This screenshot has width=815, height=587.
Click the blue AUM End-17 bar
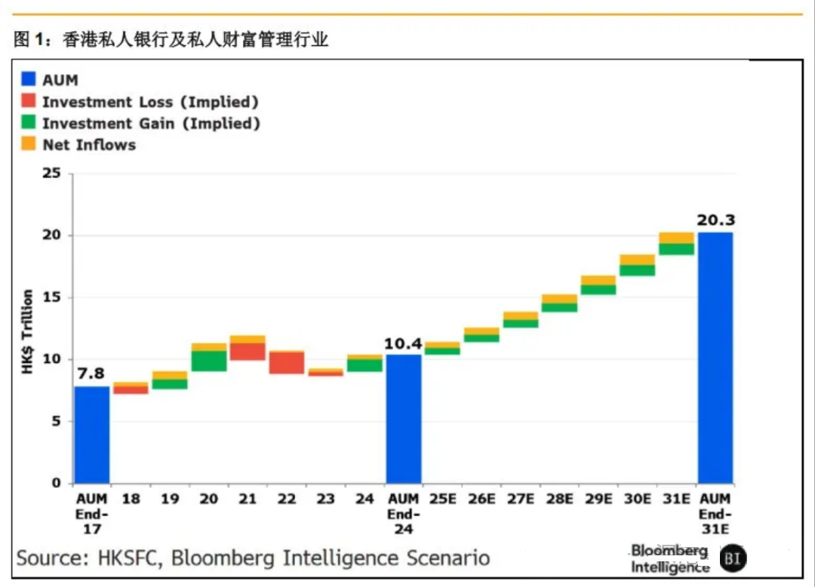point(91,435)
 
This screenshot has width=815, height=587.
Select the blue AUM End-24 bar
point(404,419)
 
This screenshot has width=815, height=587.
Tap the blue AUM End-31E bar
point(715,358)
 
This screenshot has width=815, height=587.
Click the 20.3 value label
point(715,220)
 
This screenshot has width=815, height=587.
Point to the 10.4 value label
point(404,343)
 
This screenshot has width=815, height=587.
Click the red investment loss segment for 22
point(287,362)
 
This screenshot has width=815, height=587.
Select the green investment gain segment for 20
point(209,361)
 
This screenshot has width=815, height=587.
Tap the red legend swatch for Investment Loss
point(29,101)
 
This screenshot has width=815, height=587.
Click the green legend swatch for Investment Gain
point(29,123)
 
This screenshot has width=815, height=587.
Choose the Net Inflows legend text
point(89,145)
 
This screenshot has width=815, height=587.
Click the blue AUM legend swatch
point(29,79)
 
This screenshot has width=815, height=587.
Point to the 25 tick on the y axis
point(51,174)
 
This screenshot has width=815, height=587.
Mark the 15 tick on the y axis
point(51,297)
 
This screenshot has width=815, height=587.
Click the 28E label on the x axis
point(559,499)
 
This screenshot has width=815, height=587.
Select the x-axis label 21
point(248,499)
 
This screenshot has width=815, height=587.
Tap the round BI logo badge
point(732,559)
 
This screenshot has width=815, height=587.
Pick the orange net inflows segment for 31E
point(676,238)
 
